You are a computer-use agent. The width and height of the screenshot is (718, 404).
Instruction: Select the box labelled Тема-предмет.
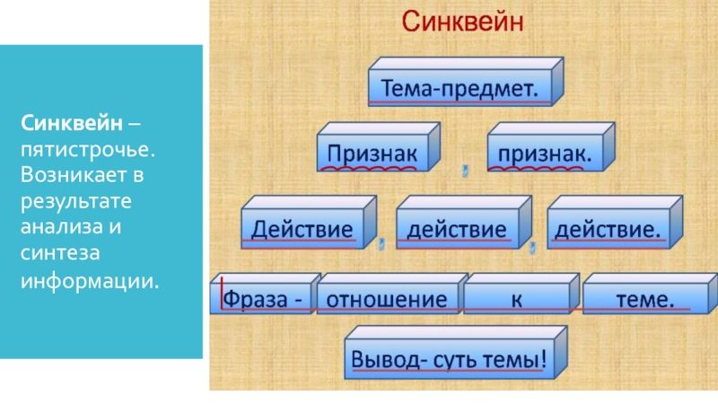(x=460, y=88)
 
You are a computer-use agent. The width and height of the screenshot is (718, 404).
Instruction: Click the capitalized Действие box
(x=301, y=229)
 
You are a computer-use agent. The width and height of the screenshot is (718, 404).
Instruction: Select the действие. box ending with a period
(x=608, y=228)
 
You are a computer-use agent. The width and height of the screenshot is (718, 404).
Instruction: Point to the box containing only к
(x=516, y=298)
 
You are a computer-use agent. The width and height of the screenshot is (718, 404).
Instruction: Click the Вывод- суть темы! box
(x=448, y=360)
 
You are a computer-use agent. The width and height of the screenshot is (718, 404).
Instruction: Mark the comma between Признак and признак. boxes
(x=465, y=168)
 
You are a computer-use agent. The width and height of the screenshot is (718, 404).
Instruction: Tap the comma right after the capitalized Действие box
(x=381, y=242)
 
